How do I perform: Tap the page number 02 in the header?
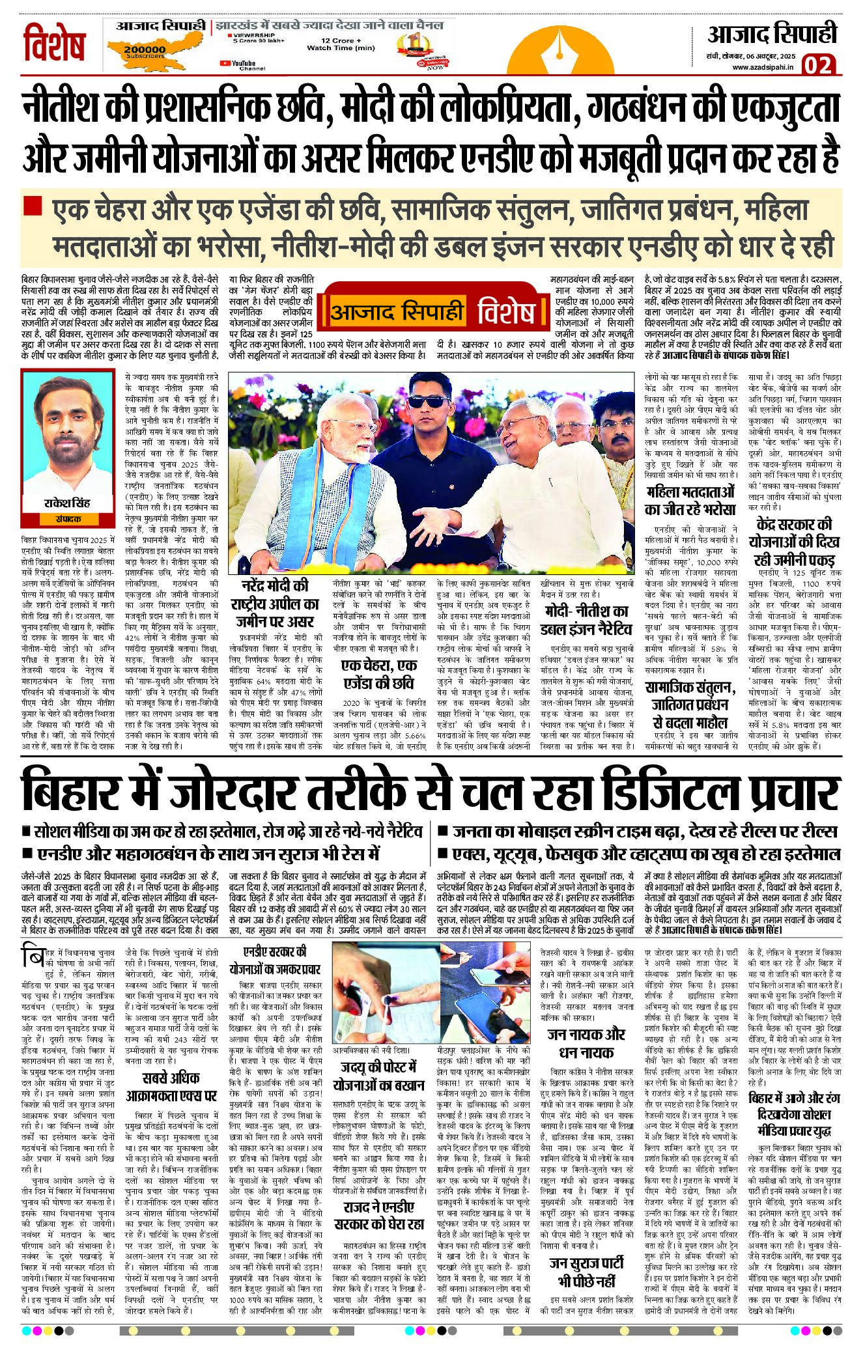pyautogui.click(x=817, y=65)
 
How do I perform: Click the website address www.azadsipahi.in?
pyautogui.click(x=762, y=67)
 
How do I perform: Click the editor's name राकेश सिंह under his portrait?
pyautogui.click(x=67, y=503)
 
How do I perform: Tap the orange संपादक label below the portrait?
pyautogui.click(x=68, y=519)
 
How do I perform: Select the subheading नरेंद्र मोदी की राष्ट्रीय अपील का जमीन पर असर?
pyautogui.click(x=276, y=603)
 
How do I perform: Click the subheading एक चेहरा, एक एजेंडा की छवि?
pyautogui.click(x=378, y=673)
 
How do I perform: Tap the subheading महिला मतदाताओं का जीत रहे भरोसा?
pyautogui.click(x=690, y=500)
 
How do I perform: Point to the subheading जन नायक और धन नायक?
pyautogui.click(x=586, y=1044)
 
